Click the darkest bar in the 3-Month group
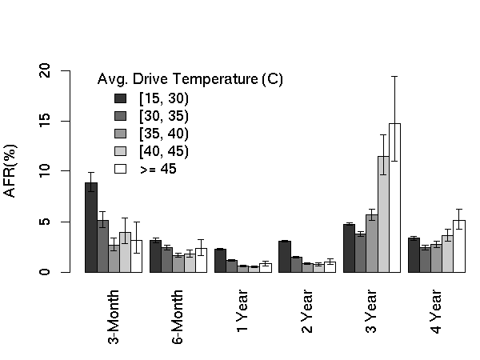[91, 227]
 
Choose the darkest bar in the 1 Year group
[220, 261]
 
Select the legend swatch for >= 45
[122, 169]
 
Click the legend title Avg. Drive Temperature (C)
[190, 79]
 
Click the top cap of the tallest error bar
[394, 76]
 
